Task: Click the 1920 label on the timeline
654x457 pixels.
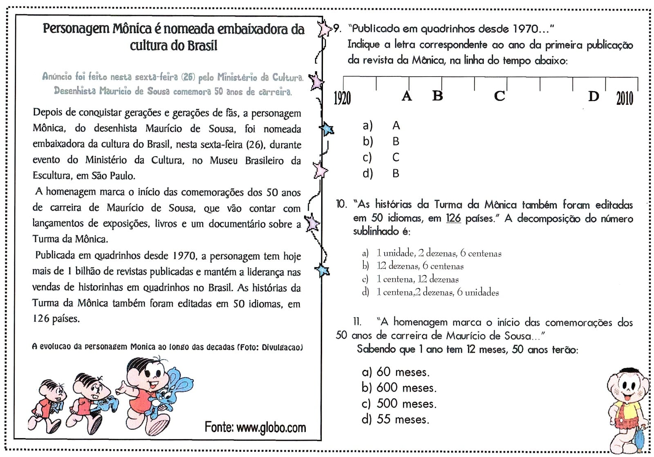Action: pos(342,98)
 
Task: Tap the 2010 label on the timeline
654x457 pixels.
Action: pos(624,98)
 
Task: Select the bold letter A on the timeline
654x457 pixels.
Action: pos(406,96)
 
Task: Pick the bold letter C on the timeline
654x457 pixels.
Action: pos(499,96)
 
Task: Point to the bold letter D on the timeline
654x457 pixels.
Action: pos(593,96)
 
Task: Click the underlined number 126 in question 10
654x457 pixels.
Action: pos(453,218)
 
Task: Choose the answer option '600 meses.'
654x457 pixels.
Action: pos(406,387)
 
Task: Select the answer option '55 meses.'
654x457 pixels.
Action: pos(403,419)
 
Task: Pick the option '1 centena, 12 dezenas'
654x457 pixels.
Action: pos(417,279)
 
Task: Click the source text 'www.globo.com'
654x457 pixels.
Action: pos(271,427)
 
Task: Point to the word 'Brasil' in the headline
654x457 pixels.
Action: pos(197,45)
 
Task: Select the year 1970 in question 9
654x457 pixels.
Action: pos(526,29)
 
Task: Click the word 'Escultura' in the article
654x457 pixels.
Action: pos(52,176)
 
